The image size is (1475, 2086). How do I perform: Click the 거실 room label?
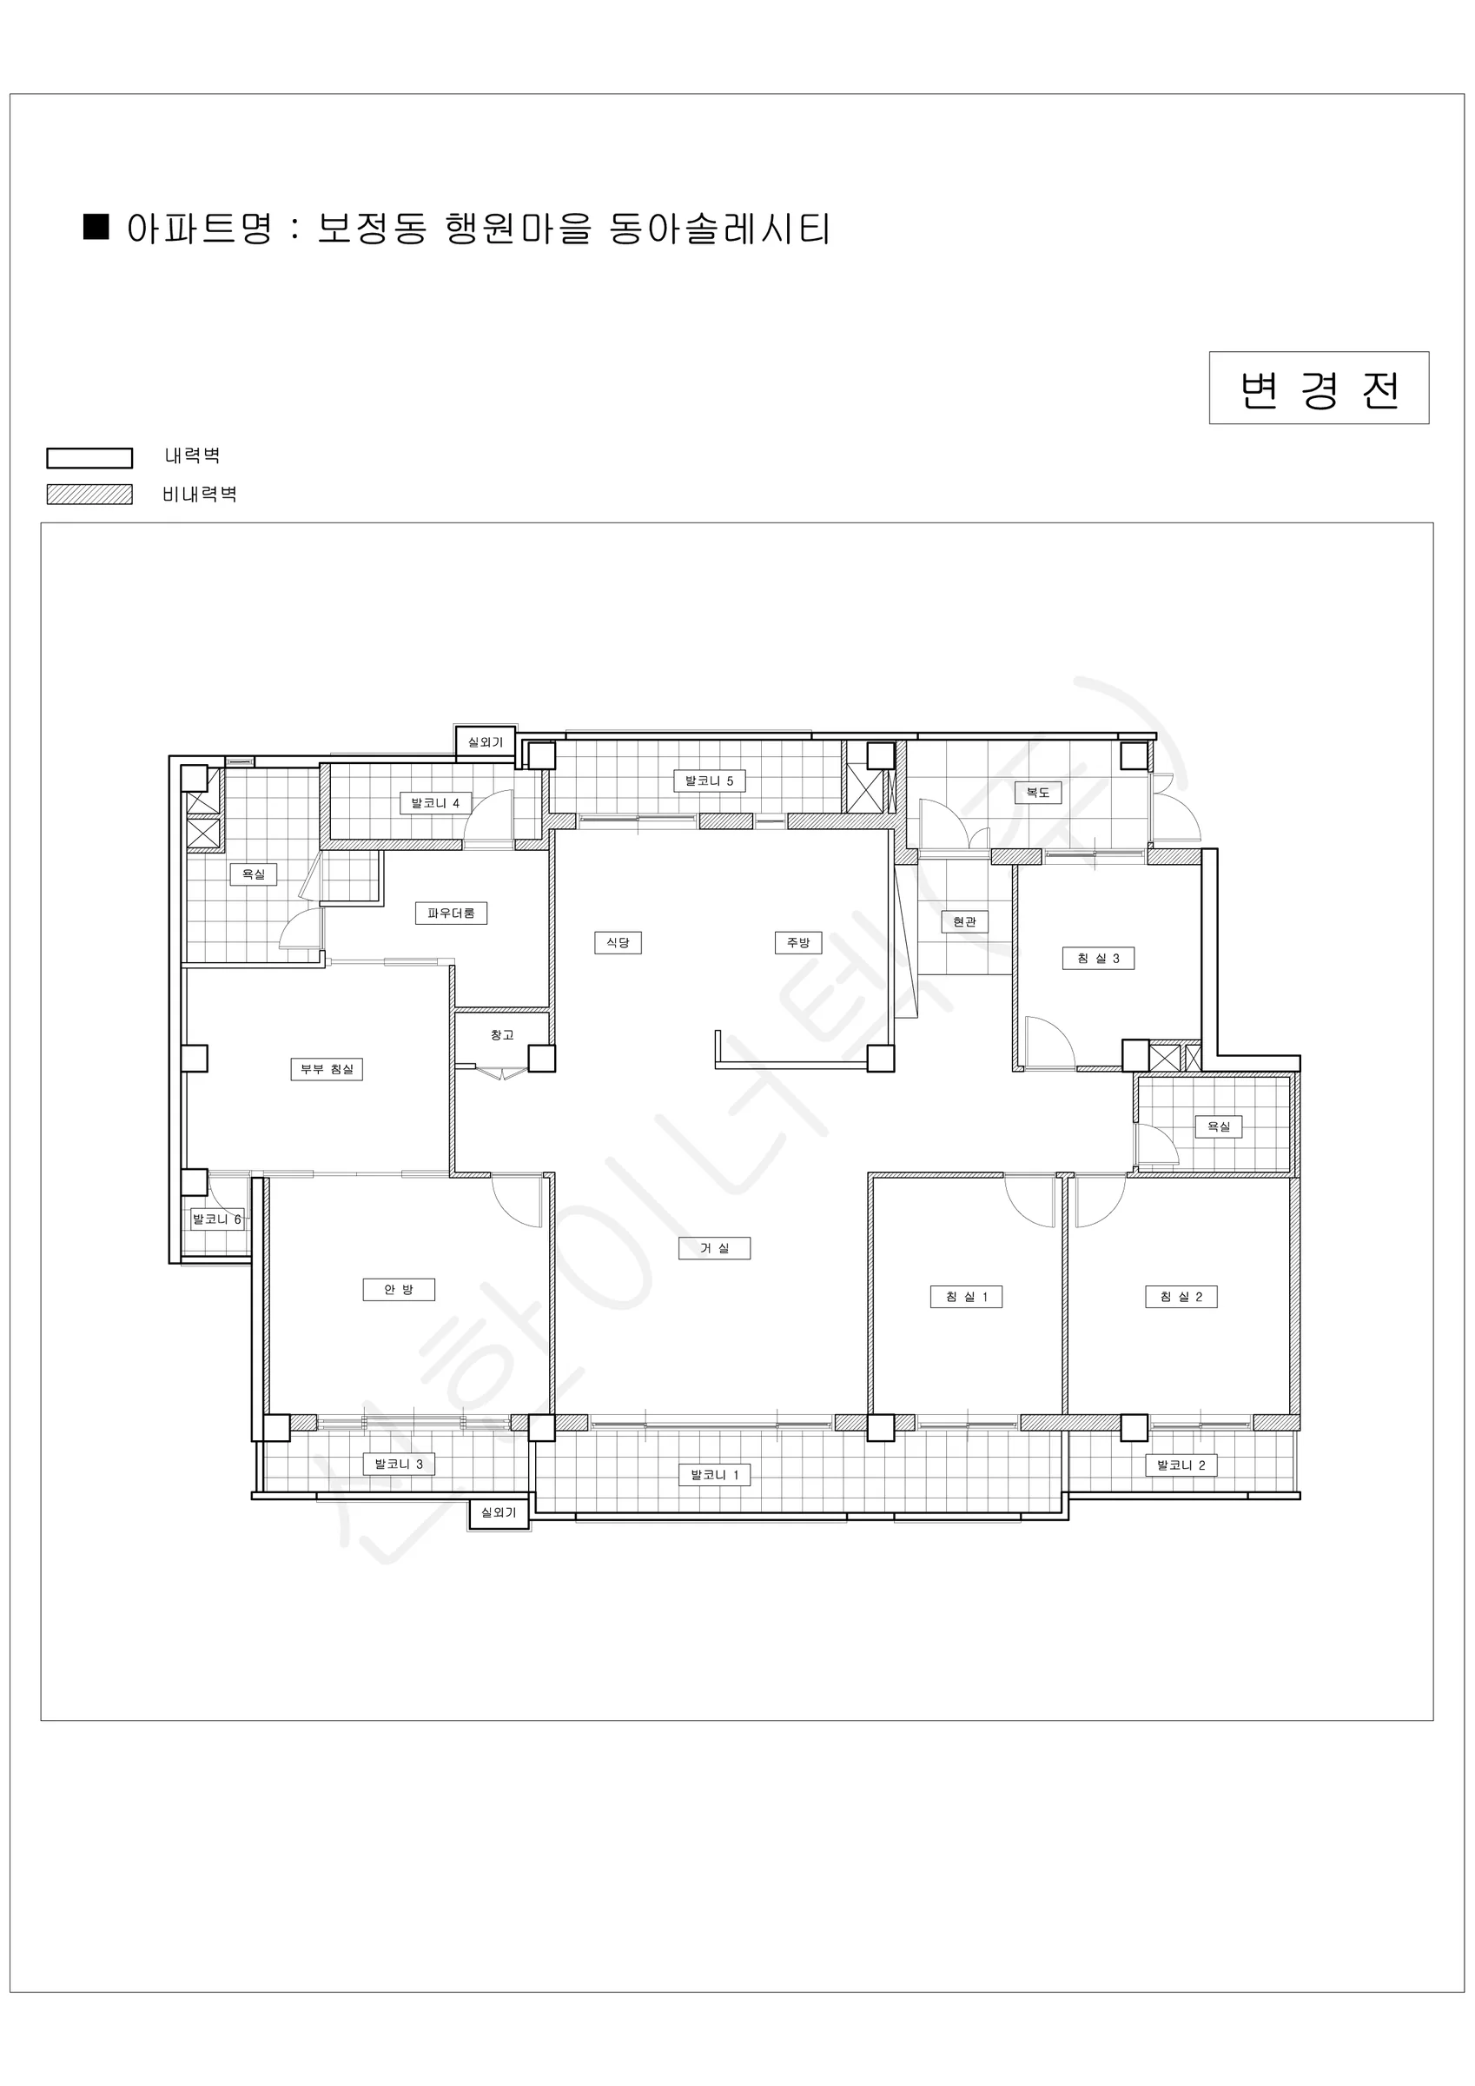714,1248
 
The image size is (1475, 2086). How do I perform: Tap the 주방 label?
797,942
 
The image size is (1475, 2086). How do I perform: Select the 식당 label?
618,942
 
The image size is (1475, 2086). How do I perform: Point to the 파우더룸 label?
452,913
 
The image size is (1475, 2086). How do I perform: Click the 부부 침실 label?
327,1069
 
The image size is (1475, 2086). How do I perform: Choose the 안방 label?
399,1289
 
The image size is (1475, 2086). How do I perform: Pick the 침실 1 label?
966,1297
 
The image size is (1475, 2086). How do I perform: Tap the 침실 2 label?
1181,1297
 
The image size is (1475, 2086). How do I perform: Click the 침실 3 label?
1098,958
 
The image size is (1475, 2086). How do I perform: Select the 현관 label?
964,921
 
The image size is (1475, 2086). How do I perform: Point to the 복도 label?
1038,794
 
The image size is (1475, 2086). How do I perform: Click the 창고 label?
502,1035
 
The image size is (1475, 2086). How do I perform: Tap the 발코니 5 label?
710,781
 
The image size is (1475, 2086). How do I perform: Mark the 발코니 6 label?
217,1219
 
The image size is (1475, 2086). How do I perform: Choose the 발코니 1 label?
715,1475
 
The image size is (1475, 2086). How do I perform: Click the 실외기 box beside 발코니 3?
499,1512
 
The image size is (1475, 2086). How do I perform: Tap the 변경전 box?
1319,388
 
